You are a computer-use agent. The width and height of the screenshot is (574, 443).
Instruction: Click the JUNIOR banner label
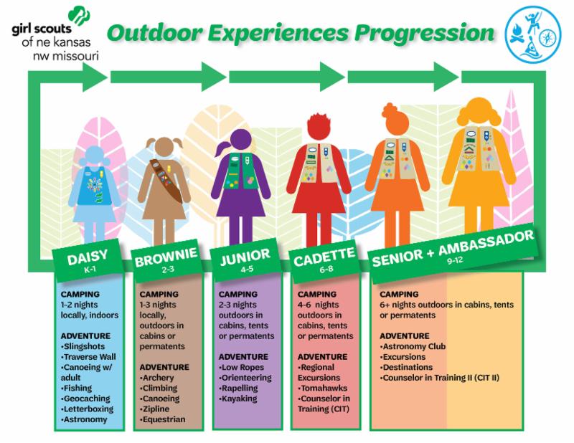[x=245, y=253]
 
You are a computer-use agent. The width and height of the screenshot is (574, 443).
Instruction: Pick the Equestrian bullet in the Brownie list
[x=164, y=419]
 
